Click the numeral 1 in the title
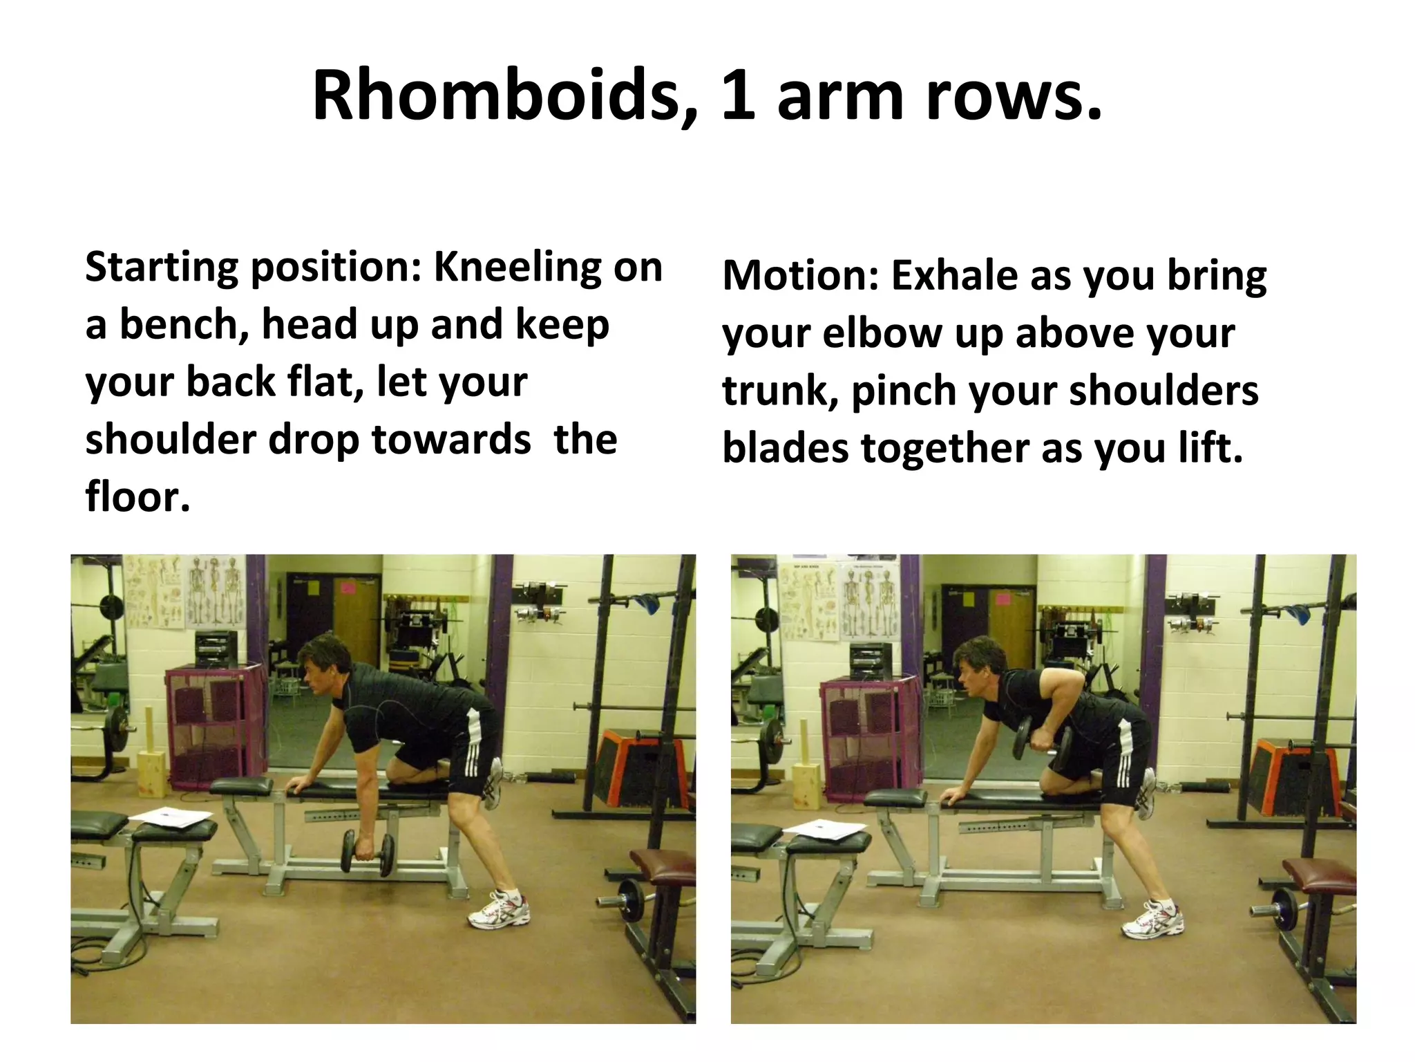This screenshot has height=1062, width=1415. point(739,96)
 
